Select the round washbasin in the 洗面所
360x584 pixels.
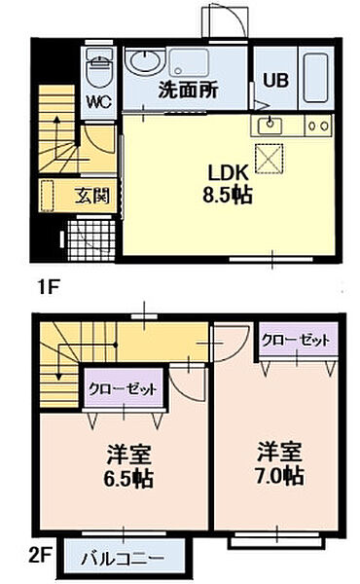tap(144, 61)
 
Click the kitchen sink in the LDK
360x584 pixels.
tap(270, 126)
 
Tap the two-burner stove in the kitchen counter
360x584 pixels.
tap(317, 126)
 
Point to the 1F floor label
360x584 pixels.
tap(51, 287)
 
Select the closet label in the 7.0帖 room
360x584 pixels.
tap(296, 340)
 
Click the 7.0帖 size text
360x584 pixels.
tap(280, 476)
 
